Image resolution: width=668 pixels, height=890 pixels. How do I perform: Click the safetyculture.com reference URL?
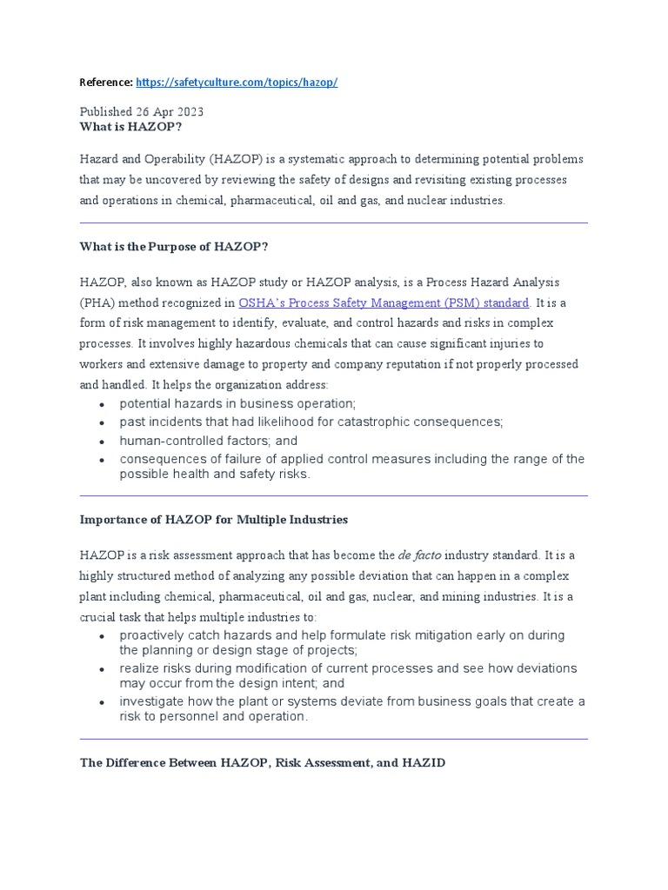(237, 83)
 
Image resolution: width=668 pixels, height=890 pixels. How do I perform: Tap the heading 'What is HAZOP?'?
(131, 127)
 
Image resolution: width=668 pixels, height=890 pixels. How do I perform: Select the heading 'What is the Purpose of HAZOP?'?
(174, 247)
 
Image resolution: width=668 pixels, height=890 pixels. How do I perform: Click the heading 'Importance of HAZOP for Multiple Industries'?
(214, 520)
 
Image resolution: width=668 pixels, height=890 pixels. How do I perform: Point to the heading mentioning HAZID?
(263, 762)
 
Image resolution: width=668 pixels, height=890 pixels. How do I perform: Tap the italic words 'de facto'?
(421, 555)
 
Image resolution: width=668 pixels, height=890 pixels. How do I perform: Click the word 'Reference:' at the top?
(106, 83)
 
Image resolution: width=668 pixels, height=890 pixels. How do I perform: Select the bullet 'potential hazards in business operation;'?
(238, 403)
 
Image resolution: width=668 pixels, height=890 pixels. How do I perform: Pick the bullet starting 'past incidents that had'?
(311, 422)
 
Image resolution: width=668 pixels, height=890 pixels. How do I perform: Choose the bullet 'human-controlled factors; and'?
(208, 441)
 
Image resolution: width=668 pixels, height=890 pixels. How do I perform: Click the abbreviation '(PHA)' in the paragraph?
(97, 303)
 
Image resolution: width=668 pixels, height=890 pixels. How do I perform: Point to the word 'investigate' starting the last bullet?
(153, 701)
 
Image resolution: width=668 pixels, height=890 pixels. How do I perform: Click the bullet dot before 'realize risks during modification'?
(102, 669)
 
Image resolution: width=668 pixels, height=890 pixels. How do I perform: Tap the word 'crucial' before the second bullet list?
(99, 617)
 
